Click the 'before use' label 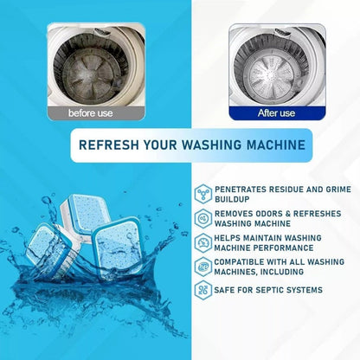click(x=92, y=112)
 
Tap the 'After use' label click(x=276, y=112)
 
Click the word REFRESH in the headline click(x=107, y=145)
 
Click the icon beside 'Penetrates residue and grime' click(x=203, y=191)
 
